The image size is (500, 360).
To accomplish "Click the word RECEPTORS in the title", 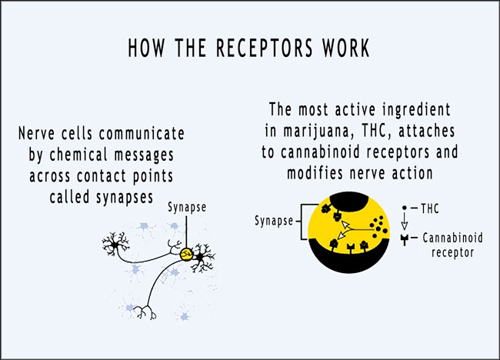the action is pos(265,48).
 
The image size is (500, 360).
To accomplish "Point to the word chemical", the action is pos(78,155).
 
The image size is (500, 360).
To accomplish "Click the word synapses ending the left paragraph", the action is pos(125,198).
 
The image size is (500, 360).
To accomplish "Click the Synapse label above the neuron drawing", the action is pos(187,208).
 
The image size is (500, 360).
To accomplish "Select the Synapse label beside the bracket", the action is pos(274,221).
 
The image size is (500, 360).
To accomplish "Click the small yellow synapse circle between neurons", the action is pos(186,255).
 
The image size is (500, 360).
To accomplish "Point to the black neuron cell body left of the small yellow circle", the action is pos(114,245).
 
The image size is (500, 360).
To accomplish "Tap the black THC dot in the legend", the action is pos(405,208).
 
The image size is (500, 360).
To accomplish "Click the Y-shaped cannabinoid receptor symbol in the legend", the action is pos(405,239).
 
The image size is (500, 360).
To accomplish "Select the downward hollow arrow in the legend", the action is pos(405,221).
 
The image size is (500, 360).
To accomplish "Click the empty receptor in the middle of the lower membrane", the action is pos(351,248).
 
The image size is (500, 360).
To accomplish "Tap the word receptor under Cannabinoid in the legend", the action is pos(452,253).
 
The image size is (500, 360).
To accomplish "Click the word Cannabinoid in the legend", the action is pos(453,238).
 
